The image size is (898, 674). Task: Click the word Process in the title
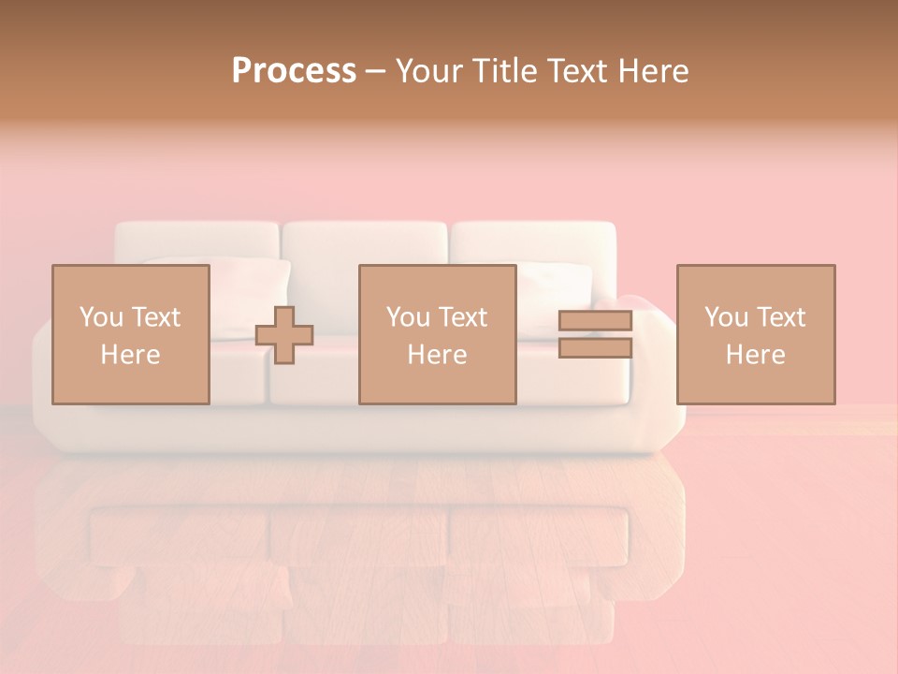pos(294,70)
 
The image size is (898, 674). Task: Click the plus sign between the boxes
pos(284,335)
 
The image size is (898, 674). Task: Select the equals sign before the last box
pos(595,334)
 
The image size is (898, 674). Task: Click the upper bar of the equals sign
pos(595,321)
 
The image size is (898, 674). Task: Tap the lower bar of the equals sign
pos(595,348)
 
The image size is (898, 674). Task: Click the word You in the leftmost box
pos(100,317)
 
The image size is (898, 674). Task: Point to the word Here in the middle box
pos(438,355)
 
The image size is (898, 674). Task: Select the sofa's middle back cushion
pos(365,245)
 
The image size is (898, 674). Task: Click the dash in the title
pos(376,71)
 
